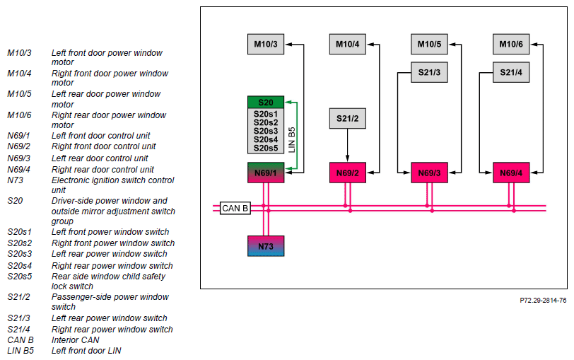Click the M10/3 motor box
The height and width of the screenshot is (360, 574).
point(266,45)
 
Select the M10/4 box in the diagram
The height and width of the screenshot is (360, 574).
point(347,45)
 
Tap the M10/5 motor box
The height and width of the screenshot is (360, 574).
point(429,45)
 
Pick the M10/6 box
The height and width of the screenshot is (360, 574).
point(511,45)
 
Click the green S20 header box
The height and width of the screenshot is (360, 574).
point(266,102)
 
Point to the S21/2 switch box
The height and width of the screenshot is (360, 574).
point(347,118)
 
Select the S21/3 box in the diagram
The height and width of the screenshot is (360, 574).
point(429,72)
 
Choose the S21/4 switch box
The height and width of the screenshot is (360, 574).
point(511,72)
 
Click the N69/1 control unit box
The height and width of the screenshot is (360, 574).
point(266,173)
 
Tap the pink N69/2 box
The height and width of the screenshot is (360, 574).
point(347,173)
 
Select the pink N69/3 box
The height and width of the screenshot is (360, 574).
point(429,173)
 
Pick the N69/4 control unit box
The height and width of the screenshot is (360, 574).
point(511,173)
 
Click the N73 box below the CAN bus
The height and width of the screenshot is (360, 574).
point(266,246)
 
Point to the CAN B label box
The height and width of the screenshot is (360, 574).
point(235,209)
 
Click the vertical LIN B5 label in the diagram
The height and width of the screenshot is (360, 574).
point(292,140)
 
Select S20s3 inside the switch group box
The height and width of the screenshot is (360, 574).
point(266,131)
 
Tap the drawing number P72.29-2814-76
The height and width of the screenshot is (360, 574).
point(543,301)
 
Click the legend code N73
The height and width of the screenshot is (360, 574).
point(15,180)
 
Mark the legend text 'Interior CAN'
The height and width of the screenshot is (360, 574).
point(76,340)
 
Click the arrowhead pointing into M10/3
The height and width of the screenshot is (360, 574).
point(288,45)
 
